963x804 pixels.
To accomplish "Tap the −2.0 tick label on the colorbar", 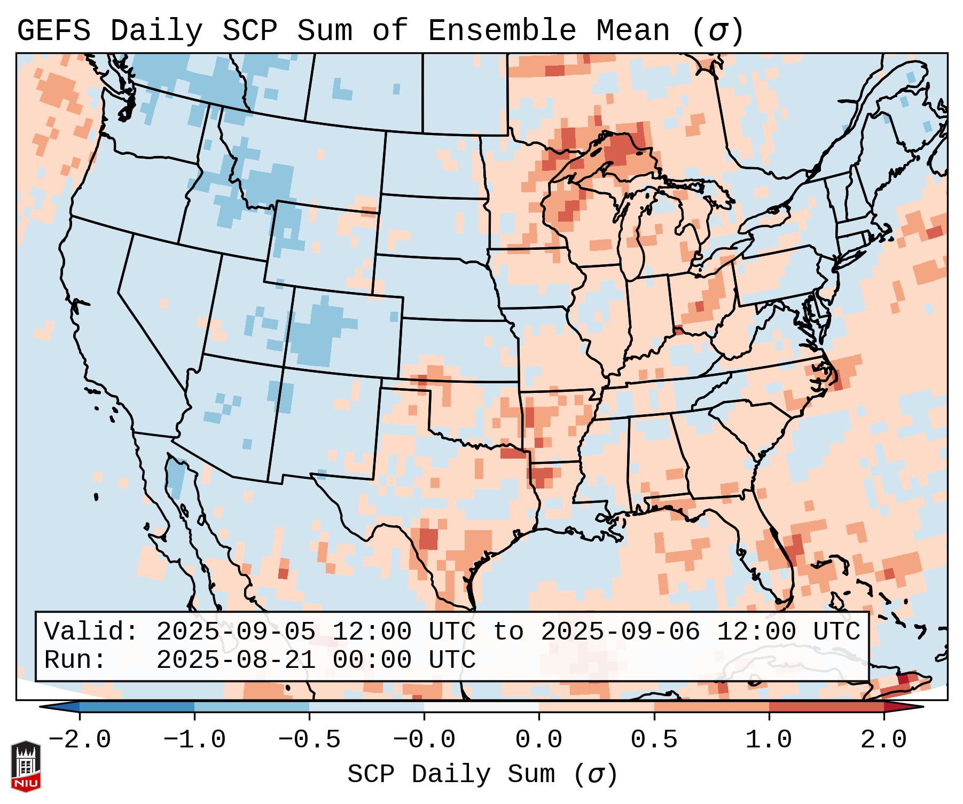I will pos(80,740).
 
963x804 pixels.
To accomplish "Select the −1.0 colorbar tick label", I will pos(194,740).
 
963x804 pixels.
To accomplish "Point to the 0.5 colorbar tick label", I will pos(654,740).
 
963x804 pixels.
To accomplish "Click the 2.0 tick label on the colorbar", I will pos(884,740).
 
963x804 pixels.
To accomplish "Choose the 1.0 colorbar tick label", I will pos(769,740).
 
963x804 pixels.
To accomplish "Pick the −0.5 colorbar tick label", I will pos(309,740).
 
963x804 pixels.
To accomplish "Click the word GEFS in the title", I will pos(54,31).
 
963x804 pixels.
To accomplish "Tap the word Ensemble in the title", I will pos(502,31).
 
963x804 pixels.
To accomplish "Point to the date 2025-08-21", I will pos(236,660).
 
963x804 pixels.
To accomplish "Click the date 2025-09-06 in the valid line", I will pos(620,632).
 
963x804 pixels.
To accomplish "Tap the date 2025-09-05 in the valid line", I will pos(236,632).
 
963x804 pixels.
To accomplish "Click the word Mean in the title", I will pos(633,31).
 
